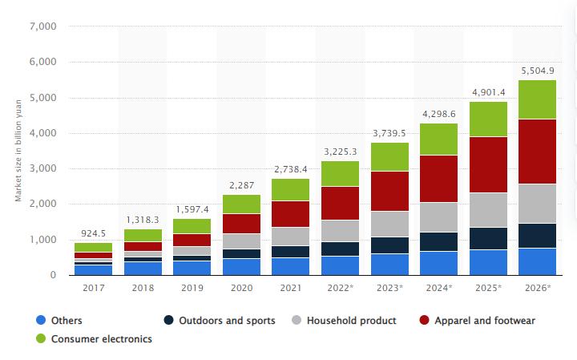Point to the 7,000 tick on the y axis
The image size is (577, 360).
(42, 26)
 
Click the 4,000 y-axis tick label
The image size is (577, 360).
(42, 133)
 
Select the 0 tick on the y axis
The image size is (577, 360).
(52, 275)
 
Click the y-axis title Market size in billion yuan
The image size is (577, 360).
(18, 152)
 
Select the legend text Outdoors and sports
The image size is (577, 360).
(228, 321)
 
